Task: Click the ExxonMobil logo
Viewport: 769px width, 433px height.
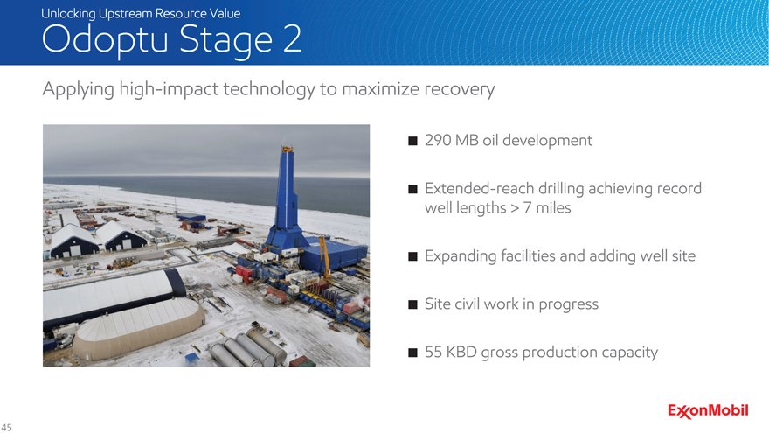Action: [x=708, y=411]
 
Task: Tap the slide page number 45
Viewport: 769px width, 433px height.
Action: [x=6, y=427]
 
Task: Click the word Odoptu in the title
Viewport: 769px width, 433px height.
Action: [x=105, y=39]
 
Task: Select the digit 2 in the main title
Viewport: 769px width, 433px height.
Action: [x=292, y=38]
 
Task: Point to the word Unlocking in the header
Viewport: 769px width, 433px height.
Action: [x=68, y=14]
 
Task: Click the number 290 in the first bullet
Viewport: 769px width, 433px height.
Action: [x=438, y=141]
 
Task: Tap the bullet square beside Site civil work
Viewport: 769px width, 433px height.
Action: [x=413, y=304]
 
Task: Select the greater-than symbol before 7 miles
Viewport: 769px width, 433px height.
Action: [x=515, y=208]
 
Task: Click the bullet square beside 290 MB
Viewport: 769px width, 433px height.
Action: [x=413, y=141]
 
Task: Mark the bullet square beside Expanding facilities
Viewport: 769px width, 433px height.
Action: [x=413, y=256]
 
